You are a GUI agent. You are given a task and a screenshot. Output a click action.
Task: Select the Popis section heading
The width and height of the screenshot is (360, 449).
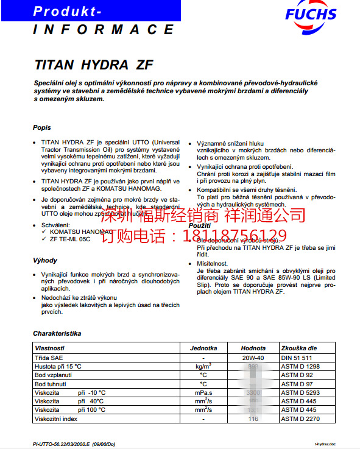(42, 127)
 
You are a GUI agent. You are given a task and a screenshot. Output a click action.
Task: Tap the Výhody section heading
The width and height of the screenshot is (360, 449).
(45, 260)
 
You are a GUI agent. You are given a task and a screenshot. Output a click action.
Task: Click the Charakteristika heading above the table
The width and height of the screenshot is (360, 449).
(57, 333)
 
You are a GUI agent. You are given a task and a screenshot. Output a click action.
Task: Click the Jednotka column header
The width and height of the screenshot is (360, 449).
(203, 348)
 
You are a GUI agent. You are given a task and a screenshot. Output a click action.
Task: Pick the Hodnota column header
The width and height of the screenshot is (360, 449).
(253, 348)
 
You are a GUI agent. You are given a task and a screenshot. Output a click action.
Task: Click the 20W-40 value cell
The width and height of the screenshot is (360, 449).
(253, 357)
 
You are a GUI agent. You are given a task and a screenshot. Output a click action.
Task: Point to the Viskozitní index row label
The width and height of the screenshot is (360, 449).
(57, 419)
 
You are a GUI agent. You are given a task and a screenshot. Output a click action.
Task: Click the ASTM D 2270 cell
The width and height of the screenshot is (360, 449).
(300, 419)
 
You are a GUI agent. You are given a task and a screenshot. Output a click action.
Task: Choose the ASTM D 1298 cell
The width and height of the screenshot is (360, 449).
(300, 366)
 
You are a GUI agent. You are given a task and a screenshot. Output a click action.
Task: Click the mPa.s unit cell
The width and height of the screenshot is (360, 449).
(203, 392)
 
